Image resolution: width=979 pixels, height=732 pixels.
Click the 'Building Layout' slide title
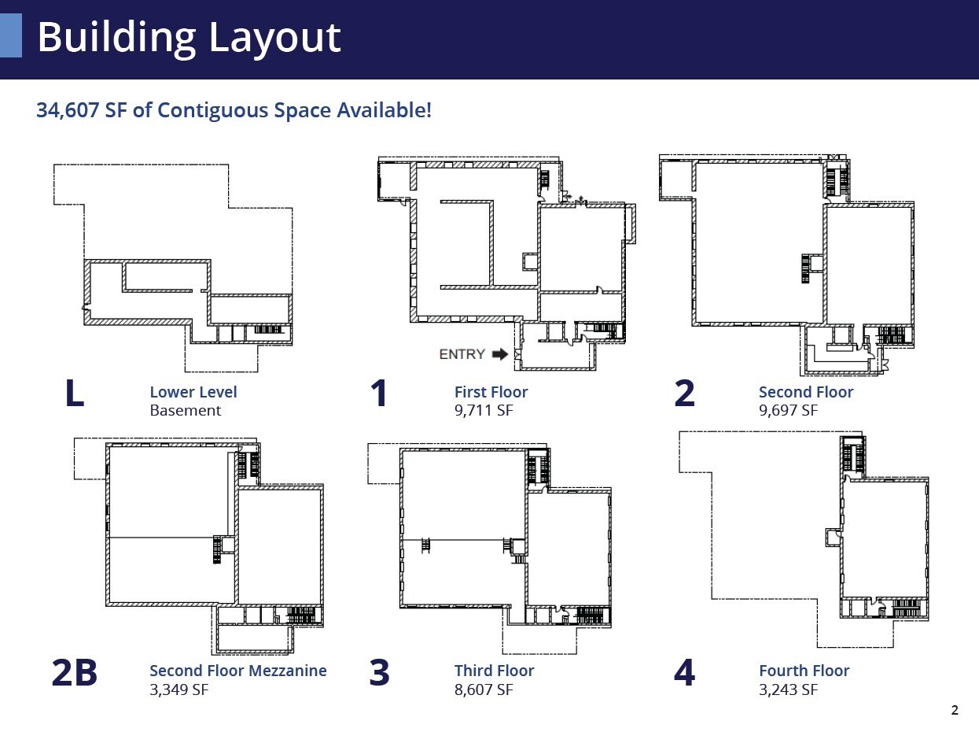(x=189, y=37)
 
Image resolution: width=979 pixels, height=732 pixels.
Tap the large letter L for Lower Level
(x=74, y=394)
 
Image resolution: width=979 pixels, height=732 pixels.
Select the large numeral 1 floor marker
(x=379, y=394)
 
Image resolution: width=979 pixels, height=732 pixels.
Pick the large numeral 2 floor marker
(x=684, y=394)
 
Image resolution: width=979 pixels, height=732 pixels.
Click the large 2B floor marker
(x=74, y=673)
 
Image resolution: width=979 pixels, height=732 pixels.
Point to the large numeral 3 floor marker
(x=379, y=673)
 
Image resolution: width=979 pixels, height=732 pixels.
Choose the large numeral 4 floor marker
(x=684, y=673)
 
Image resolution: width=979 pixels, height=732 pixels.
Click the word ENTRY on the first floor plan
(x=462, y=354)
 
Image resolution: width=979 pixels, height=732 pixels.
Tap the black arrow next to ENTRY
(x=499, y=354)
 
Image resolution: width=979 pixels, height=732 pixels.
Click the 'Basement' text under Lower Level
(x=186, y=410)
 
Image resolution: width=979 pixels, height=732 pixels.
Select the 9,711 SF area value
(x=483, y=410)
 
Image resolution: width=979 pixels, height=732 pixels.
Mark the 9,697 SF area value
(x=788, y=410)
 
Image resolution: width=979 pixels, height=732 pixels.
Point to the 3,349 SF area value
(x=179, y=689)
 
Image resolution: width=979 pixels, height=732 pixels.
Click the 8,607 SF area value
(x=483, y=689)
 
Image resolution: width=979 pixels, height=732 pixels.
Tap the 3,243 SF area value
(x=788, y=689)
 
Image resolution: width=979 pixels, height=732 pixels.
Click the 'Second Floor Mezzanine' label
(x=237, y=671)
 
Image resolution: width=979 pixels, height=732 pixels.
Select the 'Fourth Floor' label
(x=804, y=671)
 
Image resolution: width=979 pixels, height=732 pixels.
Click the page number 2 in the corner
(x=955, y=711)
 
